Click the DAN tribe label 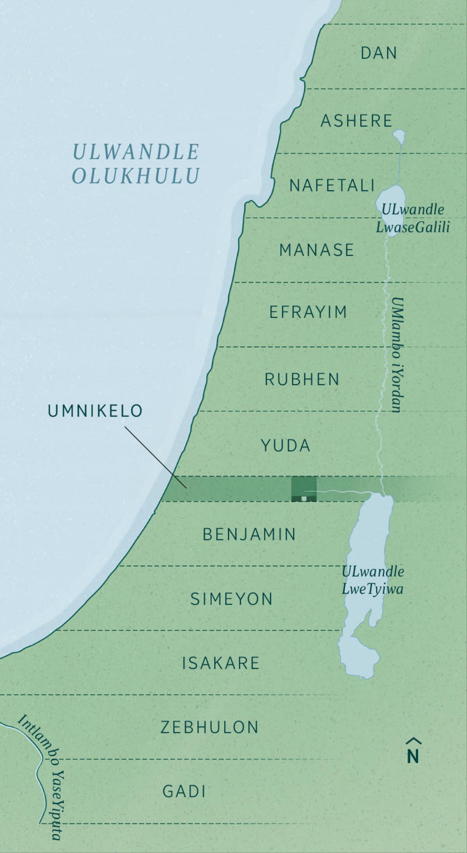coord(379,53)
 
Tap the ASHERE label coord(356,121)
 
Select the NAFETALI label coord(332,186)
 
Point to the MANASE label coord(316,250)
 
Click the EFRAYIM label coord(308,312)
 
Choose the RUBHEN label coord(302,379)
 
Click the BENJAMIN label coord(249,534)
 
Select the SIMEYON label coord(232,599)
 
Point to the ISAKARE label coord(221,663)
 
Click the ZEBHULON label coord(210,727)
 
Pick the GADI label coord(184,791)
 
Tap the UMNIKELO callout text coord(95,411)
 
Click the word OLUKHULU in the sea coord(136,176)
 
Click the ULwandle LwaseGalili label coord(413,218)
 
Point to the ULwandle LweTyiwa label coord(372,580)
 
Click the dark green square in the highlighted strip coord(304,489)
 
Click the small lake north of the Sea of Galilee coord(399,136)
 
